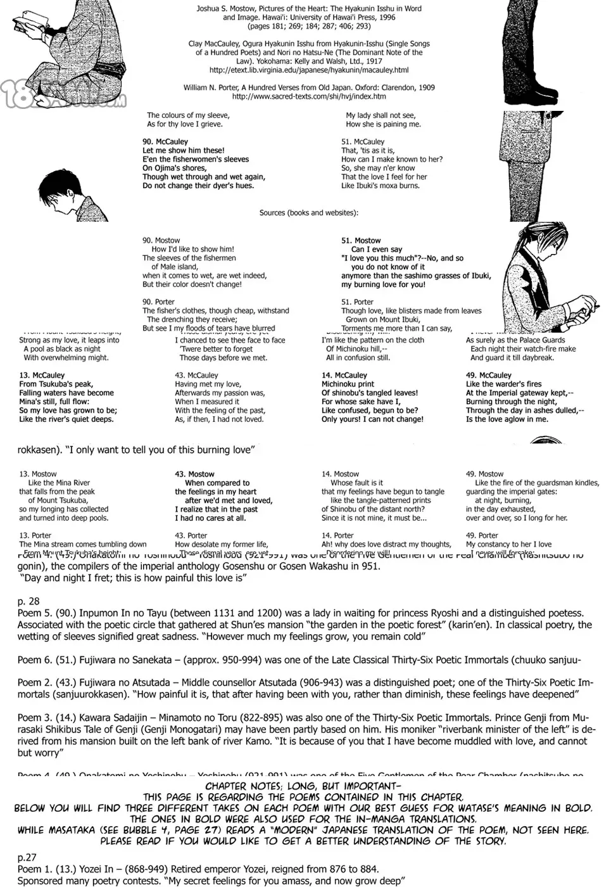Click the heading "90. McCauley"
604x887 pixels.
(x=165, y=142)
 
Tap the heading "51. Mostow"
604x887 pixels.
(x=361, y=241)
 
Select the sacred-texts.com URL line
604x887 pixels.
(x=309, y=97)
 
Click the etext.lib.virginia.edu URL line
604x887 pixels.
(x=309, y=70)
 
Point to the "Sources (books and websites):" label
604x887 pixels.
(x=309, y=213)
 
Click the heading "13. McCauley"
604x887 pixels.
(x=42, y=376)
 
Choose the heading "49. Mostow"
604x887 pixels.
(x=484, y=474)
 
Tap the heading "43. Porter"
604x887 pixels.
(x=191, y=536)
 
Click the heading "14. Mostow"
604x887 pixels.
(x=340, y=474)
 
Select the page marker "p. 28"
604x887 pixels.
(x=28, y=601)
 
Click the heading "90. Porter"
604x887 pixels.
(x=158, y=302)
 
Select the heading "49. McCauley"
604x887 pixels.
(x=488, y=376)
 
